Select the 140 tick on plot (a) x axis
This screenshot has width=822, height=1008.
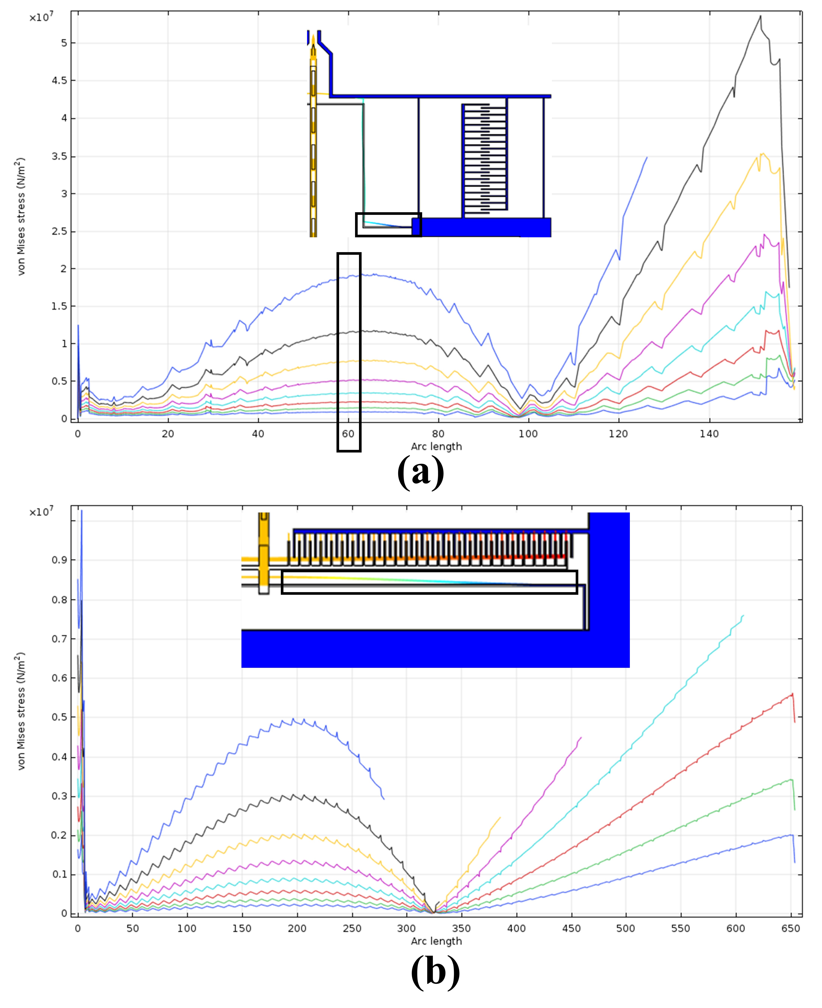pos(709,434)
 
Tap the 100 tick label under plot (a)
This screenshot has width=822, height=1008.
pos(528,434)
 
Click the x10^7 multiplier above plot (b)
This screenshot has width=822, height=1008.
pos(41,512)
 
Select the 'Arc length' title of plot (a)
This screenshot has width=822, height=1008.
pos(436,446)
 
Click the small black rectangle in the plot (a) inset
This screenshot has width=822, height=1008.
pos(388,224)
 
